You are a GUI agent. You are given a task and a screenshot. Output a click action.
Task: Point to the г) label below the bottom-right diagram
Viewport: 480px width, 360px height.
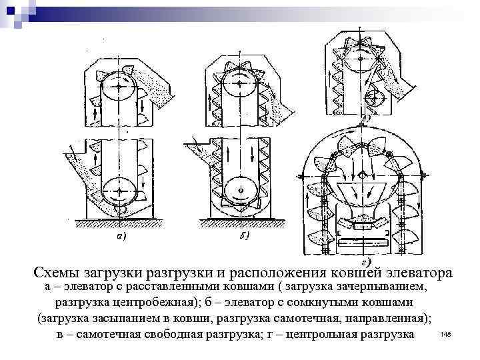click(365, 256)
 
